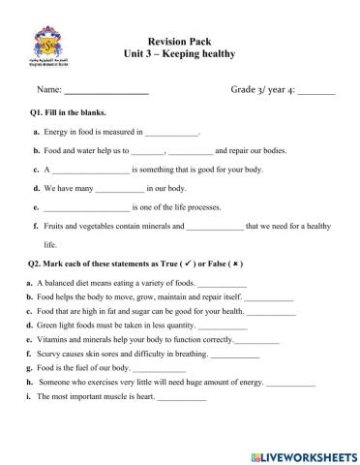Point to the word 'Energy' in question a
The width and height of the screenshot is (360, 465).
(x=57, y=132)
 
